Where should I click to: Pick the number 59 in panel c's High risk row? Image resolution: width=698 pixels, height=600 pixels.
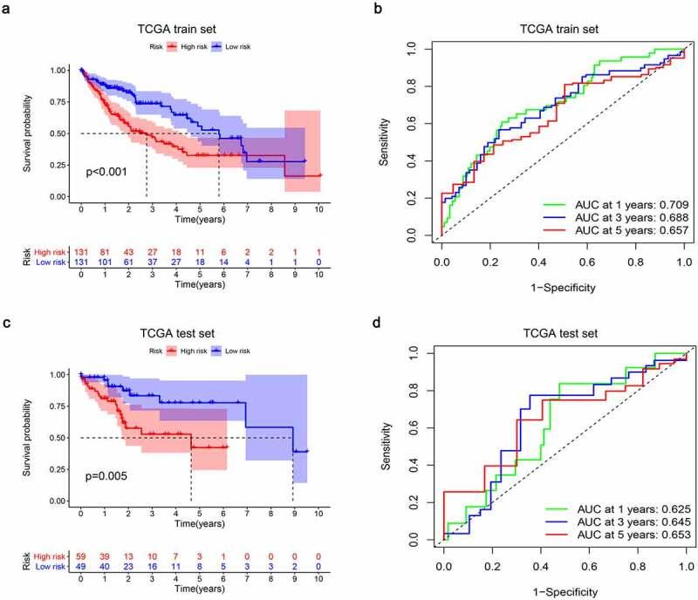[81, 554]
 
